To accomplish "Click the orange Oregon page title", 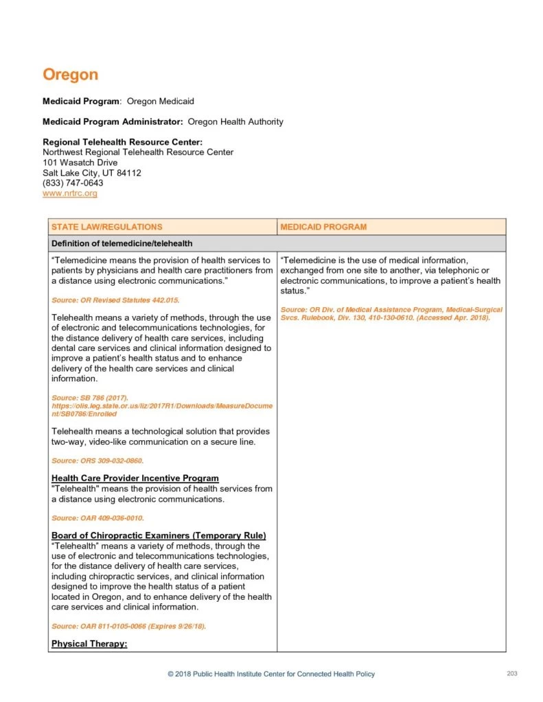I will tap(70, 74).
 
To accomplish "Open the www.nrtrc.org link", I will tap(70, 193).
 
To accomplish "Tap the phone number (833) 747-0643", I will tap(73, 183).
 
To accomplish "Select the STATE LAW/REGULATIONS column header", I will tap(107, 227).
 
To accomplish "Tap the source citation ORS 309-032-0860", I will tap(97, 461).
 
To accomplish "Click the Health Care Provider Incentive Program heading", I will tap(135, 478).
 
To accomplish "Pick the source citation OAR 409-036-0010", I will tap(97, 518).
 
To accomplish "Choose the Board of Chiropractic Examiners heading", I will tap(159, 535).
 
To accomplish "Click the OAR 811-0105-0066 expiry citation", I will tap(128, 627).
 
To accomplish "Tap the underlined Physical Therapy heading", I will tap(90, 644).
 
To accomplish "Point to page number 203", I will tap(511, 674).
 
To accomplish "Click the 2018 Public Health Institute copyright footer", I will tap(271, 675).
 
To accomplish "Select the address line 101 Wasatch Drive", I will tap(80, 162).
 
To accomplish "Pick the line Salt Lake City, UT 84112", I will tap(92, 173).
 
